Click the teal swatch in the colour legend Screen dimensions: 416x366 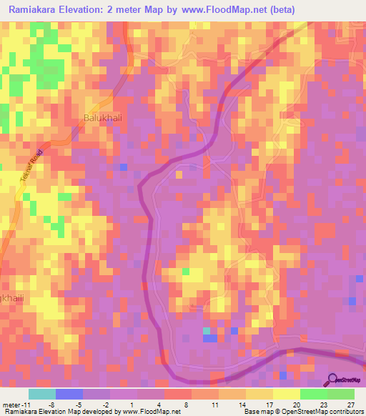point(41,394)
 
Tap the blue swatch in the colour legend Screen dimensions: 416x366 point(69,394)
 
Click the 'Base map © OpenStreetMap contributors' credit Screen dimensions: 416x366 point(301,412)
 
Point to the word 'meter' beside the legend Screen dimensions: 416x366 point(13,405)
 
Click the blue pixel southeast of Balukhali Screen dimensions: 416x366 point(123,167)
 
